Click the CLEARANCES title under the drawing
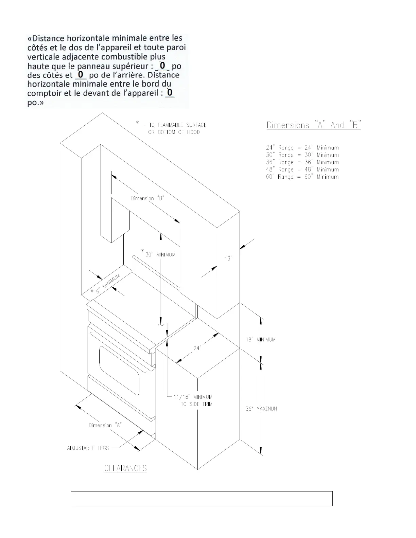pos(125,468)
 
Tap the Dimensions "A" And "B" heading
pos(314,125)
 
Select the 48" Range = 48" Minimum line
pos(302,169)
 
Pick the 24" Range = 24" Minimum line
pos(302,148)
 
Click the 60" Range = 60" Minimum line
pos(302,177)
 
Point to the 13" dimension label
pos(228,259)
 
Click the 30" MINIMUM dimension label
pos(160,255)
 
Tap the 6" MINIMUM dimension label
pos(106,284)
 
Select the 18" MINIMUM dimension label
pos(261,340)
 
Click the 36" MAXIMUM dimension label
pos(261,409)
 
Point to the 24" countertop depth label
pos(197,348)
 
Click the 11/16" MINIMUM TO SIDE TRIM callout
pos(193,400)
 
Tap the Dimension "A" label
pos(105,425)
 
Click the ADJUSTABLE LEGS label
pos(88,448)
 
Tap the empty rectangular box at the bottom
pos(202,498)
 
